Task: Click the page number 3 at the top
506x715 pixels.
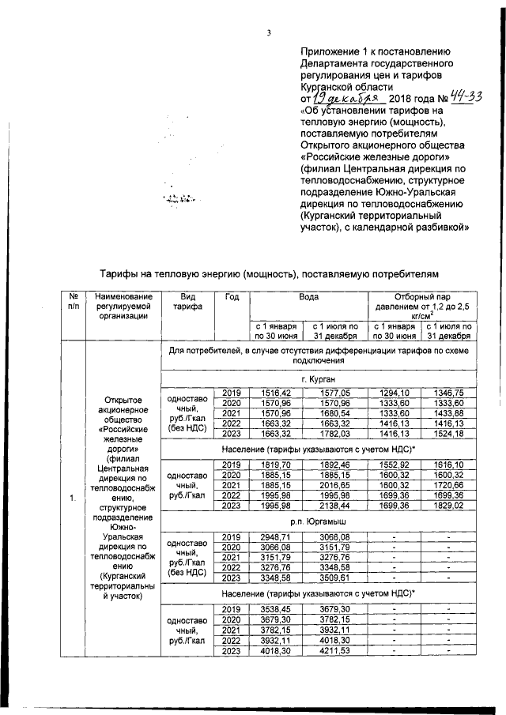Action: [269, 32]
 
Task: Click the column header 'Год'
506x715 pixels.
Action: [232, 296]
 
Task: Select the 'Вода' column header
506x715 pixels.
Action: [308, 296]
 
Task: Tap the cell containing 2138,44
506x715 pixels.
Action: [334, 506]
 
